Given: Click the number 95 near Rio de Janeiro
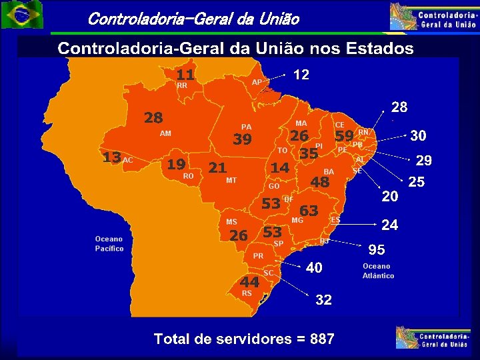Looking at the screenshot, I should (x=377, y=249).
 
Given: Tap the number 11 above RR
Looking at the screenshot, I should (x=185, y=74).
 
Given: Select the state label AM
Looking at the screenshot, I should (x=165, y=133).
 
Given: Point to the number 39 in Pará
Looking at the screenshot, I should (x=242, y=139).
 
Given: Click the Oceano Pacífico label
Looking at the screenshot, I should (x=109, y=243).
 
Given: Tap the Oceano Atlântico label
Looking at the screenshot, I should (x=378, y=270).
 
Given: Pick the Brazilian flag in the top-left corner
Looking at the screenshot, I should (x=21, y=15).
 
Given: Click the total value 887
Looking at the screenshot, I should (x=322, y=339).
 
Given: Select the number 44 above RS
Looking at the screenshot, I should (x=249, y=282).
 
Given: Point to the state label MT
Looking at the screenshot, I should (x=231, y=180).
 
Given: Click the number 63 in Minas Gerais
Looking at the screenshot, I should (x=309, y=211).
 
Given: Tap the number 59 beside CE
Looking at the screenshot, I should (x=344, y=136).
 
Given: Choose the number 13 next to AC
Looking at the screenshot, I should (x=111, y=157).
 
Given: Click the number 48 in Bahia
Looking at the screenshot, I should (x=320, y=182).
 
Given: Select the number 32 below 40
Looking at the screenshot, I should (x=323, y=300).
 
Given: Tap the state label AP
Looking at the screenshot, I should (x=257, y=82).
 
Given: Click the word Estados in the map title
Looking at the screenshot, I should (x=377, y=49).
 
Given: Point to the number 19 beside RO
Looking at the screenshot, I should (x=176, y=164).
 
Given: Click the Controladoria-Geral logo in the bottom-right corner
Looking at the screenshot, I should (x=434, y=337).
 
